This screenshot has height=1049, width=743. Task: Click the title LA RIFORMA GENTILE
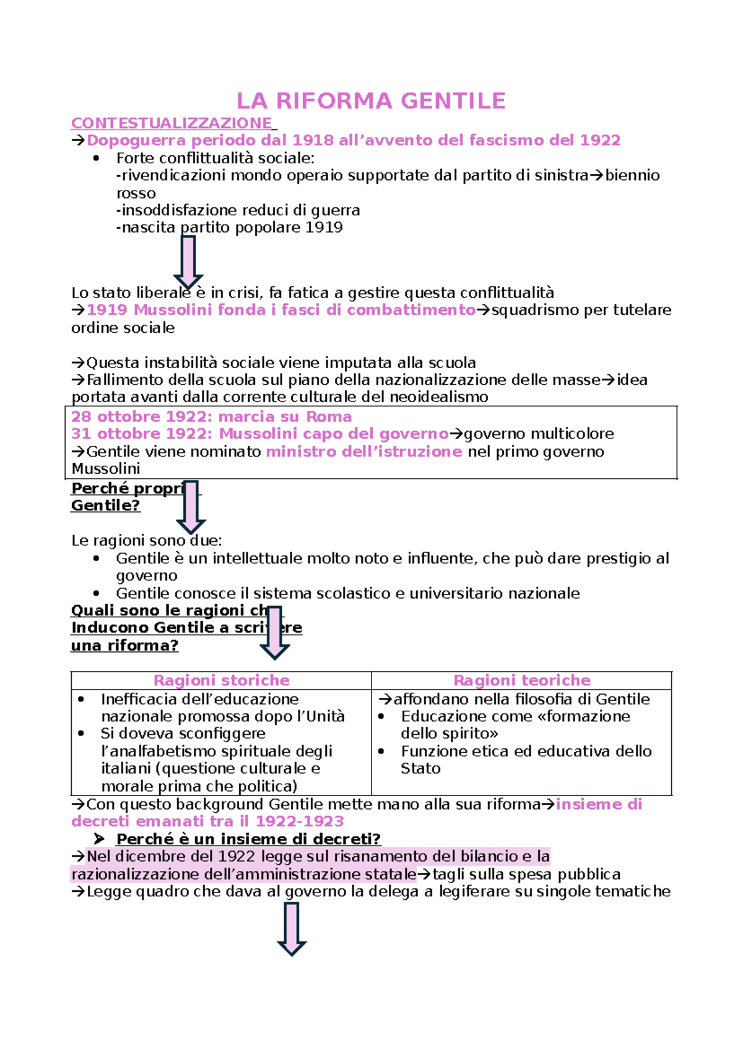[x=371, y=101]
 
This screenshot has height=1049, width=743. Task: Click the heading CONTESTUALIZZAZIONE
[x=172, y=123]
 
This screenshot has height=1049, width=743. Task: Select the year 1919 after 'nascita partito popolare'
[x=324, y=228]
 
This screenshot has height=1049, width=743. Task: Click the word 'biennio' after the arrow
[x=632, y=176]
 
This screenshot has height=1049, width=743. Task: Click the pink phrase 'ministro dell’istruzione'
[x=363, y=452]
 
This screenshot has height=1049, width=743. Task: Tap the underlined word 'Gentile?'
[x=105, y=505]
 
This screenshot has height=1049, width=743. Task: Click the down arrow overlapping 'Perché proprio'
[x=191, y=507]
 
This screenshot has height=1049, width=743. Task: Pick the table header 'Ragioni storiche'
[x=221, y=680]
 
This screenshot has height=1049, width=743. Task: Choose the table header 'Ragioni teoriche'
[x=521, y=680]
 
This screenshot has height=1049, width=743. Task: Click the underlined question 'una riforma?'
[x=124, y=645]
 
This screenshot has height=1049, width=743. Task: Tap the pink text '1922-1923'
[x=299, y=821]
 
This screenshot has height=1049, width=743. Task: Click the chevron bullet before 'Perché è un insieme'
[x=99, y=839]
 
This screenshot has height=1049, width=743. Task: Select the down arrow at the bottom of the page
[x=292, y=928]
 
